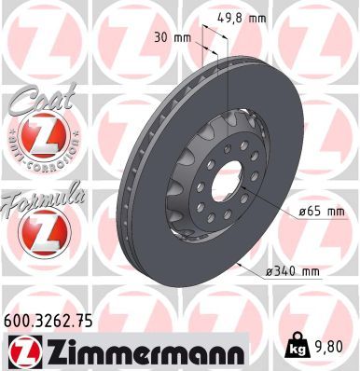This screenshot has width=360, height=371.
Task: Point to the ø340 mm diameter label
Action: pos(292,271)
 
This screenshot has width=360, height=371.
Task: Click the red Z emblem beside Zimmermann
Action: pos(21,350)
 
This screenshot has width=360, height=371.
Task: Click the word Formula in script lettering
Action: pos(45,197)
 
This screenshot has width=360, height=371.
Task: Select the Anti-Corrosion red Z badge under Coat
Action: pos(40,138)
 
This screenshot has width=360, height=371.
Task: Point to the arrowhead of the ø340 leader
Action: pos(240,263)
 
